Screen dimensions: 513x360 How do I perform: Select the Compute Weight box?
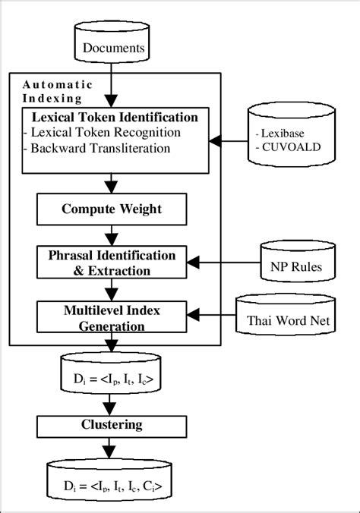tap(112, 207)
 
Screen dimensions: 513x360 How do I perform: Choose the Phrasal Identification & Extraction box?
tap(112, 263)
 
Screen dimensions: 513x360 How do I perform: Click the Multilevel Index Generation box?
tap(112, 317)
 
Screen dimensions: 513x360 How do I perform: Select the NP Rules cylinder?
tap(296, 266)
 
